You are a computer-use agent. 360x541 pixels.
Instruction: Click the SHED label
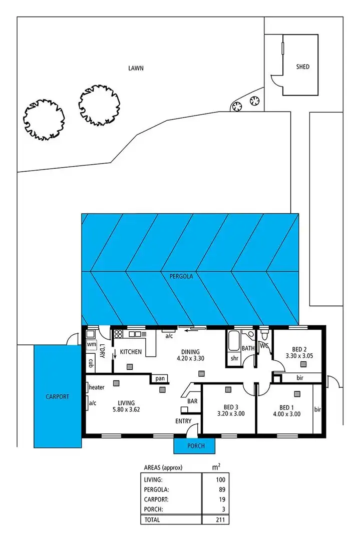coord(302,67)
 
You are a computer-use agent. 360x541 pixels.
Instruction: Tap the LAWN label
coord(135,68)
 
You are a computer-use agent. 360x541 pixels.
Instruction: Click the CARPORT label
coord(57,396)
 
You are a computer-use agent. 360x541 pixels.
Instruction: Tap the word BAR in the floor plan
coord(192,401)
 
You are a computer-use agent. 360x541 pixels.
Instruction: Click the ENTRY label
coord(183,421)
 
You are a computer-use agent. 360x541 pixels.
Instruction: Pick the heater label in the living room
coord(96,387)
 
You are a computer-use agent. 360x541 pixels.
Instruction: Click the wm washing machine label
coord(91,344)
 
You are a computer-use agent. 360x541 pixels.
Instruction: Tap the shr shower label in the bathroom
coord(234,358)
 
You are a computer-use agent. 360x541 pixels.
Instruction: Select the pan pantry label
coord(160,379)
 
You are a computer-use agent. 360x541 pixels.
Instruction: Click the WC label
coord(265,345)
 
